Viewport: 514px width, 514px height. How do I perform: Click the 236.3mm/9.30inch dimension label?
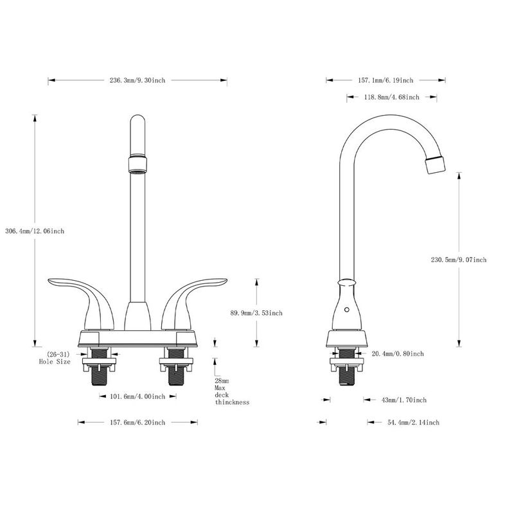point(137,80)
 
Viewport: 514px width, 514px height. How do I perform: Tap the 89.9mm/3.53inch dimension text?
point(256,313)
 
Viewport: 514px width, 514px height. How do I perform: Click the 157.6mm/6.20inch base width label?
point(136,422)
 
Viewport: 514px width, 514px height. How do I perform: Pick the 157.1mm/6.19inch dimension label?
point(385,80)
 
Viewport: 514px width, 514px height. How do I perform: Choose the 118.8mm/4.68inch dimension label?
point(391,97)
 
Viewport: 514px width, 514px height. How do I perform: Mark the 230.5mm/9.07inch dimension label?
point(459,260)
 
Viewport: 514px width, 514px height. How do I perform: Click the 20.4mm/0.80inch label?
point(398,353)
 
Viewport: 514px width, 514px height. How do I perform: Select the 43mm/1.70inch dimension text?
point(403,400)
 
